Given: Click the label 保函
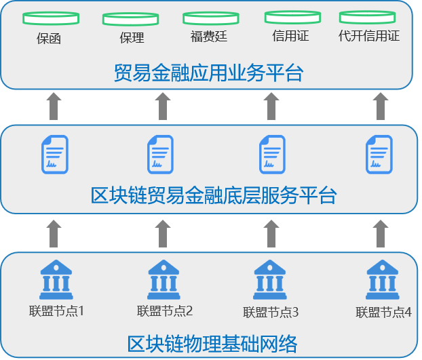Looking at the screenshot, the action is tap(49, 39).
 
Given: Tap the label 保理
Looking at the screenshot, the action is tap(132, 37).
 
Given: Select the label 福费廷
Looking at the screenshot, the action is tap(209, 37).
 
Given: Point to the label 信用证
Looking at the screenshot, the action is tap(290, 36).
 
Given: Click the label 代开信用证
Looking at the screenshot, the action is tap(369, 36).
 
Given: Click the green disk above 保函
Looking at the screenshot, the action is tap(51, 18).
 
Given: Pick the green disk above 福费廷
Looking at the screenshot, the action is tap(211, 18).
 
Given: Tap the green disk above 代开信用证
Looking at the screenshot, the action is tap(367, 17).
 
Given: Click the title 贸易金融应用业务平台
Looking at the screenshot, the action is tap(208, 73).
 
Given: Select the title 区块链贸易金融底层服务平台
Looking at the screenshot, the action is tap(214, 195).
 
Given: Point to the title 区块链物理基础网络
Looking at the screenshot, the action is tap(212, 344).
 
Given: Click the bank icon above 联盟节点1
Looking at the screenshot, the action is tap(56, 279).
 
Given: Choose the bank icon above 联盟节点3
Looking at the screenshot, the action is tap(269, 279).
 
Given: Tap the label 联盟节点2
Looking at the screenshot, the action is tap(165, 311).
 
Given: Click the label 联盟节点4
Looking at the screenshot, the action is tap(383, 312).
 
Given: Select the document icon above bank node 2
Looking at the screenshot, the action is tap(160, 155).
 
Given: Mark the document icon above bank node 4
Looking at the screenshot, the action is tap(379, 155).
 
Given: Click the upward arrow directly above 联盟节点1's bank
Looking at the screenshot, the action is tap(54, 234).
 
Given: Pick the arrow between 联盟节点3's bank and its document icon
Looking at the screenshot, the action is tap(271, 234).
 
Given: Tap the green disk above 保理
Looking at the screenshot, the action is tap(130, 19).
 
